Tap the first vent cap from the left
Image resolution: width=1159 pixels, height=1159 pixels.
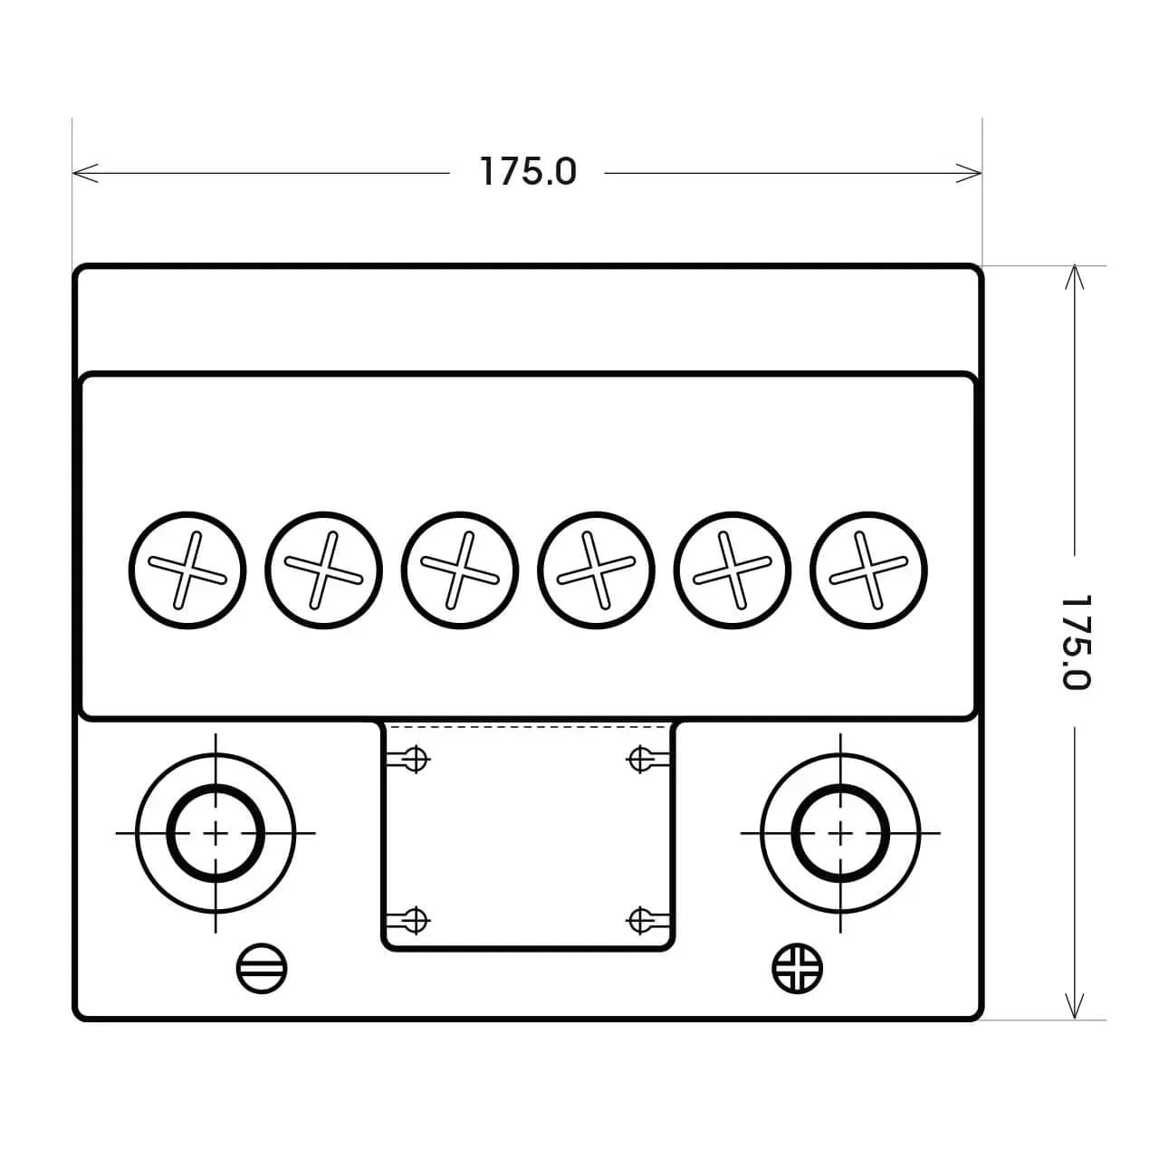pyautogui.click(x=187, y=570)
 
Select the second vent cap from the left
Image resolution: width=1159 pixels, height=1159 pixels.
pyautogui.click(x=323, y=570)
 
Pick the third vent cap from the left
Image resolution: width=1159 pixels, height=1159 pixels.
pyautogui.click(x=460, y=570)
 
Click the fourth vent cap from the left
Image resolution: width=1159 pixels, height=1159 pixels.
pyautogui.click(x=596, y=570)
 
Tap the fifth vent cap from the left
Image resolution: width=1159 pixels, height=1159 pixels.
pyautogui.click(x=732, y=570)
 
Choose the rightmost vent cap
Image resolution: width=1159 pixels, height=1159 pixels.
pyautogui.click(x=868, y=570)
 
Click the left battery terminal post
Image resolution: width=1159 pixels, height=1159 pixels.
pyautogui.click(x=216, y=833)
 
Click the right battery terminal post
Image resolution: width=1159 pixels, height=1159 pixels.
pyautogui.click(x=840, y=833)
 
